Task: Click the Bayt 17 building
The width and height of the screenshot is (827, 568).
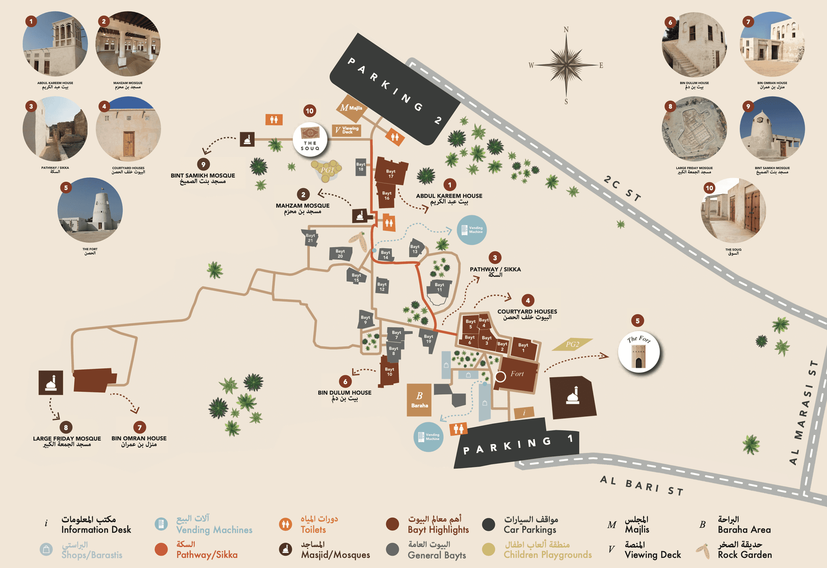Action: point(390,172)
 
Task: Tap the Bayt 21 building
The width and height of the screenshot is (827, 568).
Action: point(310,238)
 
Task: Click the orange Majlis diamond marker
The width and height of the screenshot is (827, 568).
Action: point(351,108)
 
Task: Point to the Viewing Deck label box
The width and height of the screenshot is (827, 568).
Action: point(346,130)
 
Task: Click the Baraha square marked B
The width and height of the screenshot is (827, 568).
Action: point(419,400)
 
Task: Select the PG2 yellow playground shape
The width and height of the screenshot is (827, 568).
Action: point(572,344)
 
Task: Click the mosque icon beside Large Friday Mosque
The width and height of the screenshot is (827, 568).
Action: point(51,382)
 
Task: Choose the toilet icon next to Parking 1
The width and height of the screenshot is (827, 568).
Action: point(458,428)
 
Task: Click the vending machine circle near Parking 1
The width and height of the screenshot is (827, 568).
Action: point(428,437)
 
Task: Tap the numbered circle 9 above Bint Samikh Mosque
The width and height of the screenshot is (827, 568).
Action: point(203,164)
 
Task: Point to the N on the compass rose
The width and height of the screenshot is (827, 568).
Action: point(566,29)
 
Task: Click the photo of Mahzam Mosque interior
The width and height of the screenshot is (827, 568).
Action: point(128,44)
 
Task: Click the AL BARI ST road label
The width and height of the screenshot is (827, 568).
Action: point(641,485)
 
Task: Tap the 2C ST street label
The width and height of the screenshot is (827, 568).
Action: point(622,188)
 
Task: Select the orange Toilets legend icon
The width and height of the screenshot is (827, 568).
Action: point(285,524)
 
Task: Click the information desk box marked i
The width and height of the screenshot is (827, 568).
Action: point(524,413)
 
